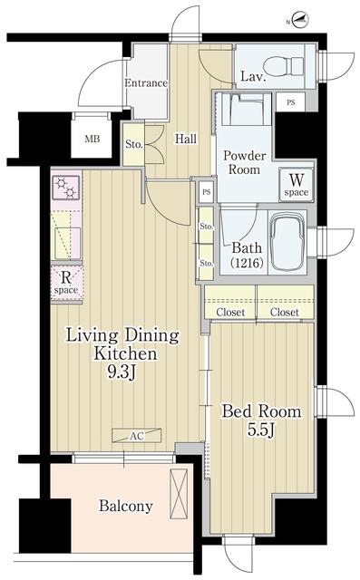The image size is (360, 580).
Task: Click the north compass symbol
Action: (x=300, y=20)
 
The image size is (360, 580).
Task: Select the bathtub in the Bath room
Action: (x=287, y=243)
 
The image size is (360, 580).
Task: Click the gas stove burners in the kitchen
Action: (x=66, y=188)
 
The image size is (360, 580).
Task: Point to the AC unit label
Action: (x=137, y=436)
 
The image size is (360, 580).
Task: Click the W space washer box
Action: (x=296, y=185)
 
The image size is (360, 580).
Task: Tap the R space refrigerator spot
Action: (x=66, y=283)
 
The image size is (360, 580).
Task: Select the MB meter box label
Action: (x=92, y=140)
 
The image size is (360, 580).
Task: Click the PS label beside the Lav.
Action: (x=291, y=102)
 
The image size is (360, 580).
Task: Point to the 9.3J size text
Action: (x=122, y=372)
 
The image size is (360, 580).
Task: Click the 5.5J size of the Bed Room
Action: (x=261, y=430)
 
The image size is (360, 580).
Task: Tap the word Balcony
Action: (x=126, y=506)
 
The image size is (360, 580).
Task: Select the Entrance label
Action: (x=146, y=83)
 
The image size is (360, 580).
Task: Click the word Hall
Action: (x=186, y=139)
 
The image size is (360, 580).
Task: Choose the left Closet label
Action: (x=230, y=312)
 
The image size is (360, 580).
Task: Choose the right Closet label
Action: (x=284, y=312)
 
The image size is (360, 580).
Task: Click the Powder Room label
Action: (x=244, y=162)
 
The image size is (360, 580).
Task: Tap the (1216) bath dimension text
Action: (x=248, y=263)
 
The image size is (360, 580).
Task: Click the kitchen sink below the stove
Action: (x=67, y=243)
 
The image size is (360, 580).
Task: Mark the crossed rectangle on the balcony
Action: (x=179, y=494)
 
